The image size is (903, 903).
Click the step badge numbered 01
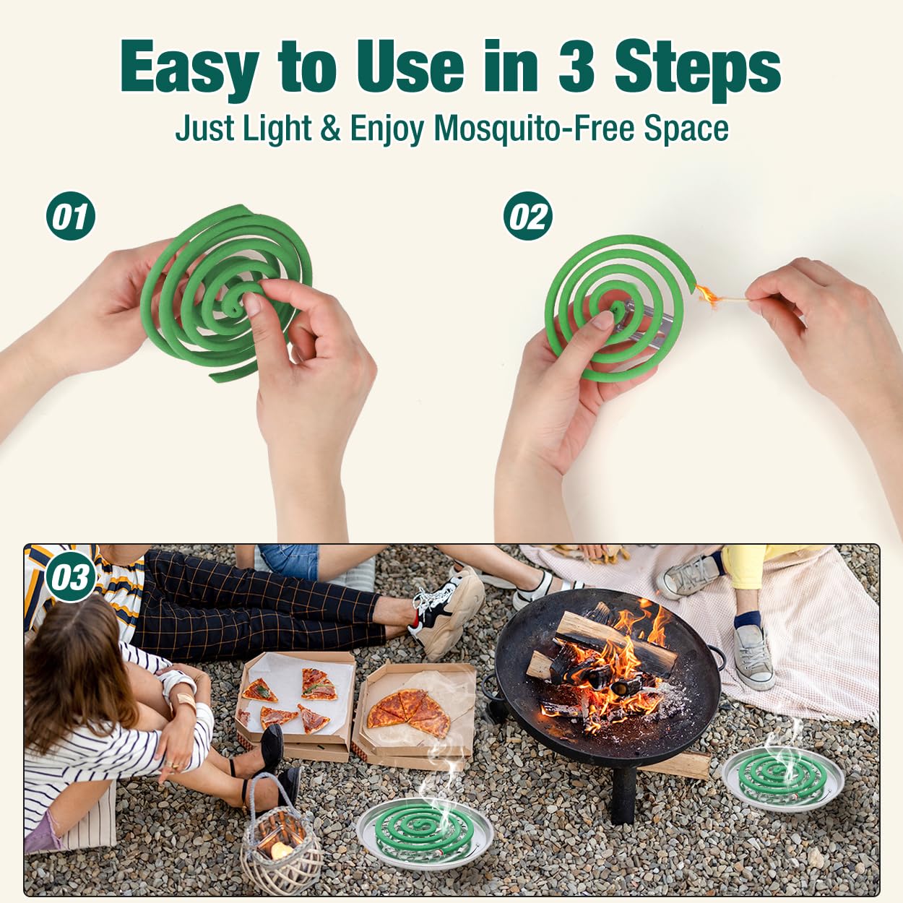coord(70,216)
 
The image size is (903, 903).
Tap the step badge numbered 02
coord(527,216)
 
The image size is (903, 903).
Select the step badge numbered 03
coord(70,577)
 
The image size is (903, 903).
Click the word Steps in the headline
coord(697,69)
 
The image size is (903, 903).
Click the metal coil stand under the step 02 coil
coord(644,316)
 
